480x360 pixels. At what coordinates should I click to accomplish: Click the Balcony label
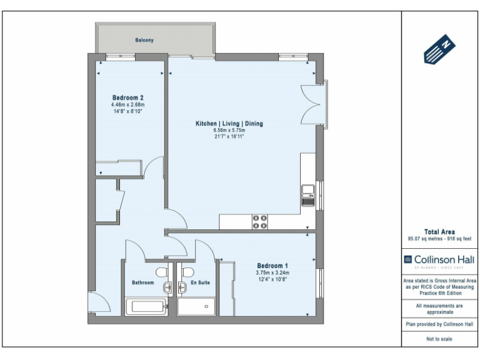pos(144,40)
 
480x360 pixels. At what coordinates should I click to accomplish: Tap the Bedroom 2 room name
pos(128,97)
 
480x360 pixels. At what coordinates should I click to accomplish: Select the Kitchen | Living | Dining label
pos(229,124)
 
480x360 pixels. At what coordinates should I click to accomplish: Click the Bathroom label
pos(142,282)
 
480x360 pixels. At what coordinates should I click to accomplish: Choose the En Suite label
pos(199,282)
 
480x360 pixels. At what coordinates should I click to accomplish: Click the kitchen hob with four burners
pos(259,222)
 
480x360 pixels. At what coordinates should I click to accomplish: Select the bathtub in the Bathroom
pos(146,306)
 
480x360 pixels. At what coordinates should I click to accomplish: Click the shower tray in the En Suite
pos(196,306)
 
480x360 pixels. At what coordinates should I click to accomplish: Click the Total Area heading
pos(439,232)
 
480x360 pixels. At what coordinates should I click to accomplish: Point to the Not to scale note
pos(439,339)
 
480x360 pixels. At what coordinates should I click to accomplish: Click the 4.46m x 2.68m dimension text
pos(128,105)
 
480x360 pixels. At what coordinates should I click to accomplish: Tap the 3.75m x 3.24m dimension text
pos(272,272)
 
